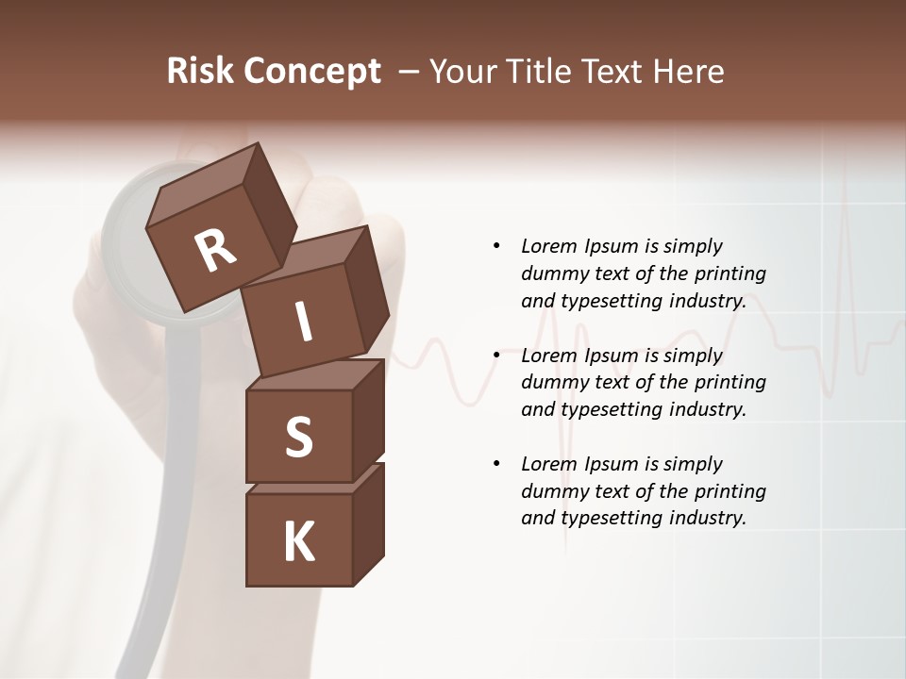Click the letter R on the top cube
(x=215, y=250)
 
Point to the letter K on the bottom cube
(x=298, y=542)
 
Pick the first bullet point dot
(x=496, y=246)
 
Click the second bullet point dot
(x=496, y=356)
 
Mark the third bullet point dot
(x=496, y=464)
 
